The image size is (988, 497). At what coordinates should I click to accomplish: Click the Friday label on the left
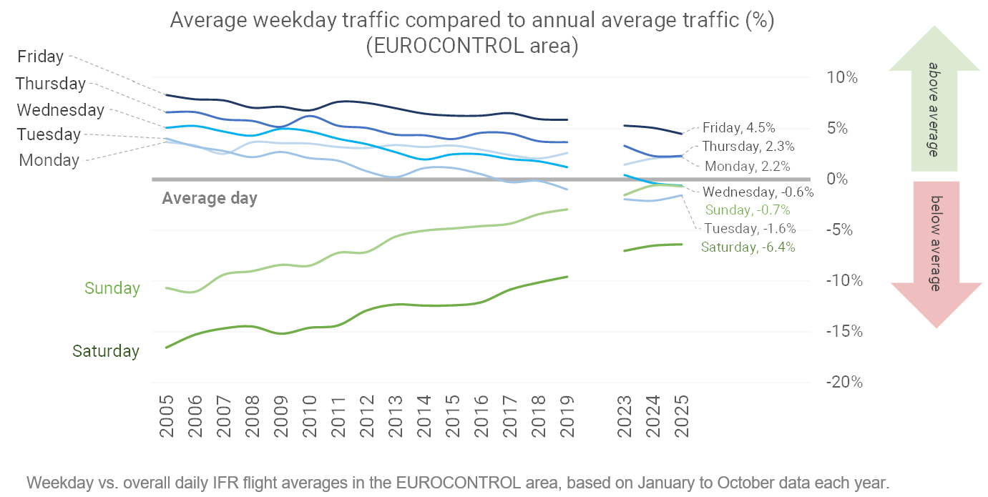40,56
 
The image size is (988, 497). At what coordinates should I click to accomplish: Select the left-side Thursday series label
51,84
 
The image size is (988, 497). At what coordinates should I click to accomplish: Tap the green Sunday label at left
112,288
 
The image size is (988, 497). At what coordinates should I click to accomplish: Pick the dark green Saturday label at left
106,351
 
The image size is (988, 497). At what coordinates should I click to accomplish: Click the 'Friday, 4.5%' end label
738,128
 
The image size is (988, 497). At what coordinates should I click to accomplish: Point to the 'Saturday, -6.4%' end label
748,247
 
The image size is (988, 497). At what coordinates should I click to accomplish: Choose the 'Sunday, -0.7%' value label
748,210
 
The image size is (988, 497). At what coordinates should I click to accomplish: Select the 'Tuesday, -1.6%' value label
750,229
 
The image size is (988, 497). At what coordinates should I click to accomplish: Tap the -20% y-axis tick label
843,382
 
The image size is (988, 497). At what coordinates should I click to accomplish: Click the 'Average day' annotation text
210,199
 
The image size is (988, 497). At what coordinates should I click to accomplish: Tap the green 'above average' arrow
934,100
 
